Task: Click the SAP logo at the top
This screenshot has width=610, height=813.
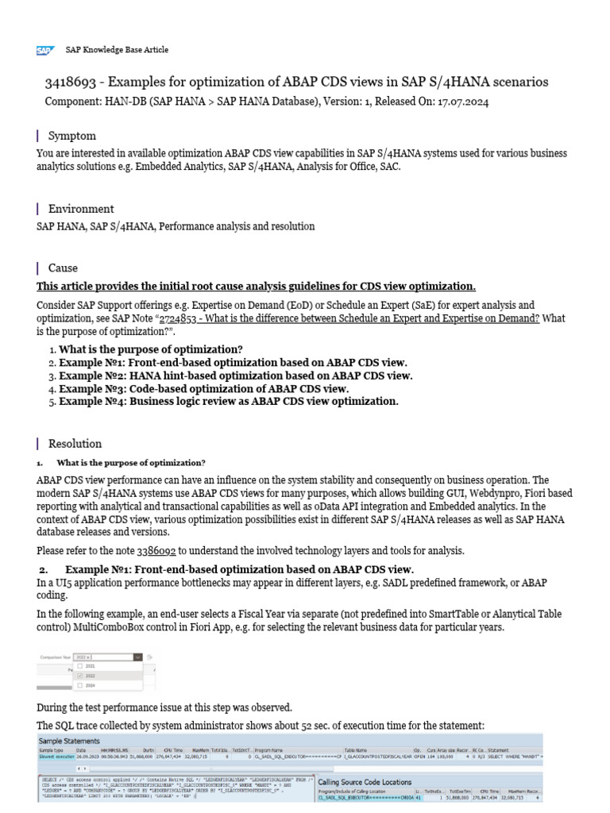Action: point(44,50)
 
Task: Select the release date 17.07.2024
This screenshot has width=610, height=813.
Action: point(464,102)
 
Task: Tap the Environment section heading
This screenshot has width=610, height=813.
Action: point(81,209)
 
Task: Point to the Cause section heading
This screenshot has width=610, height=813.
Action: point(63,268)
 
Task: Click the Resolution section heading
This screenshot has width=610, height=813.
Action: point(75,444)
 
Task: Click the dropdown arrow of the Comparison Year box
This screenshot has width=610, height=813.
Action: point(138,657)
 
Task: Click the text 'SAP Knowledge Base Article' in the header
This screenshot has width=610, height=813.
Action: point(117,50)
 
